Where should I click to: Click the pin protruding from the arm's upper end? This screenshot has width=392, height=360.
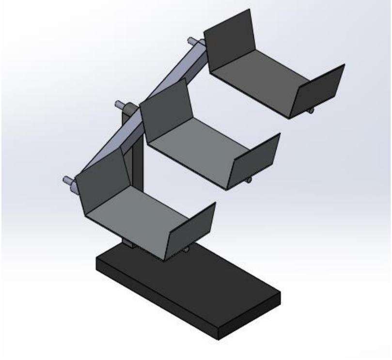point(191,42)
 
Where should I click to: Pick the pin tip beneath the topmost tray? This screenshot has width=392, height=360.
point(311,112)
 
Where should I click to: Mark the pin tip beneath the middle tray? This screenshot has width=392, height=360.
point(249,181)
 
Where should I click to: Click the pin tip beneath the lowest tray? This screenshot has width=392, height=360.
point(187,250)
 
